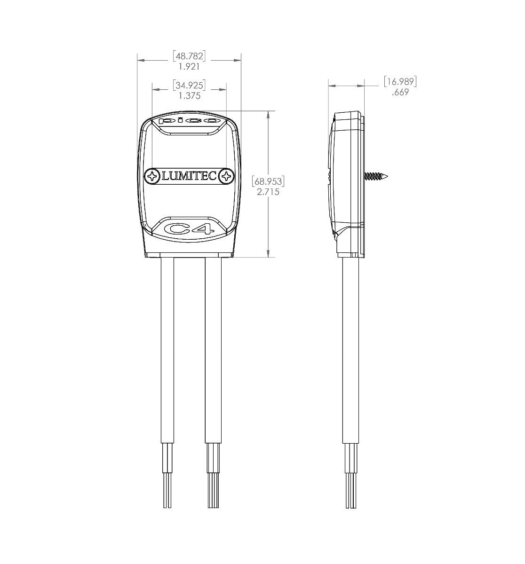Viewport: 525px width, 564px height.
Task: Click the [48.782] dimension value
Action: [189, 56]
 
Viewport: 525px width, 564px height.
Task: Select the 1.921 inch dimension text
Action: [189, 67]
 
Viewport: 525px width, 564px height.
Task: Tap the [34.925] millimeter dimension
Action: [189, 85]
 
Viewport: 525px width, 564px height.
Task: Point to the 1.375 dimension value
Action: [190, 96]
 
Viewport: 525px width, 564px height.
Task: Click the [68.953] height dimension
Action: [268, 181]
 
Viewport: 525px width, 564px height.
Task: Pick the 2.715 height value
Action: [268, 192]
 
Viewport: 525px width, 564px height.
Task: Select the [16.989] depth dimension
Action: [400, 81]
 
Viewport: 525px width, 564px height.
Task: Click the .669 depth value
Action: [400, 92]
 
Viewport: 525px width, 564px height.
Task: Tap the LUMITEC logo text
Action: [189, 176]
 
